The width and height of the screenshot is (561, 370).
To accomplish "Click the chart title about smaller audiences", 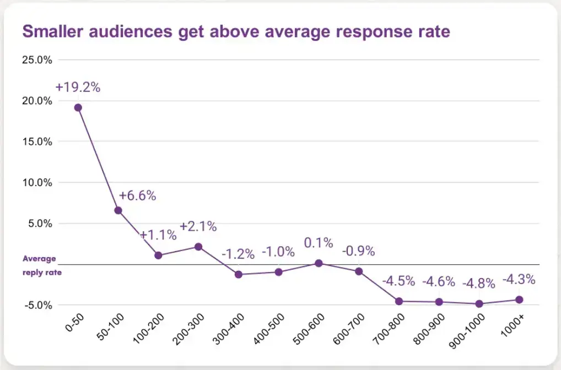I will pos(236,31).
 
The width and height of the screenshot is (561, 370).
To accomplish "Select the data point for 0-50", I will pos(78,108).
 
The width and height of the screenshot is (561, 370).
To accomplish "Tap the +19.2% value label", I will pos(78,87).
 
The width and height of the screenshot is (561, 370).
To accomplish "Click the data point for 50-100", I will pos(118,210).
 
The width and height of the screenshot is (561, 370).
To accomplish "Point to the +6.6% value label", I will pos(138,195).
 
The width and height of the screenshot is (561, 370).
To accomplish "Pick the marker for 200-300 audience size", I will pos(198,247).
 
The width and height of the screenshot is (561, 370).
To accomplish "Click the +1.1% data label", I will pos(158,235).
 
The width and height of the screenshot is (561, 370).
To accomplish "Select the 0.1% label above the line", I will pos(319,243).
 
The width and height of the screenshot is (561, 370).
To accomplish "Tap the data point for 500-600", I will pos(319,263).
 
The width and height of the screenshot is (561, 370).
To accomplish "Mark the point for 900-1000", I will pos(479,304).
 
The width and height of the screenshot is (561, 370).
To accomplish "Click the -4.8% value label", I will pos(479,284).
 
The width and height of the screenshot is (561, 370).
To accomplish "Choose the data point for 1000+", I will pos(519,300).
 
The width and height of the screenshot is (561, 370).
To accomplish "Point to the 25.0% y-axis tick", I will pos(37,59).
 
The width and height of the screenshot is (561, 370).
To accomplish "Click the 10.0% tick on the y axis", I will pos(37,182).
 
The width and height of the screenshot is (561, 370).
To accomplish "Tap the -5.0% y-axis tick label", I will pos(37,305).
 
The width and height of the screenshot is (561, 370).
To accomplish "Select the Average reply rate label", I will pos(42,265).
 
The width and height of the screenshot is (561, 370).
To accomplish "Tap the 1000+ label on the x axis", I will pos(513,327).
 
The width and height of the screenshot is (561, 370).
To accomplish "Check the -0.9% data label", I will pos(358,251).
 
